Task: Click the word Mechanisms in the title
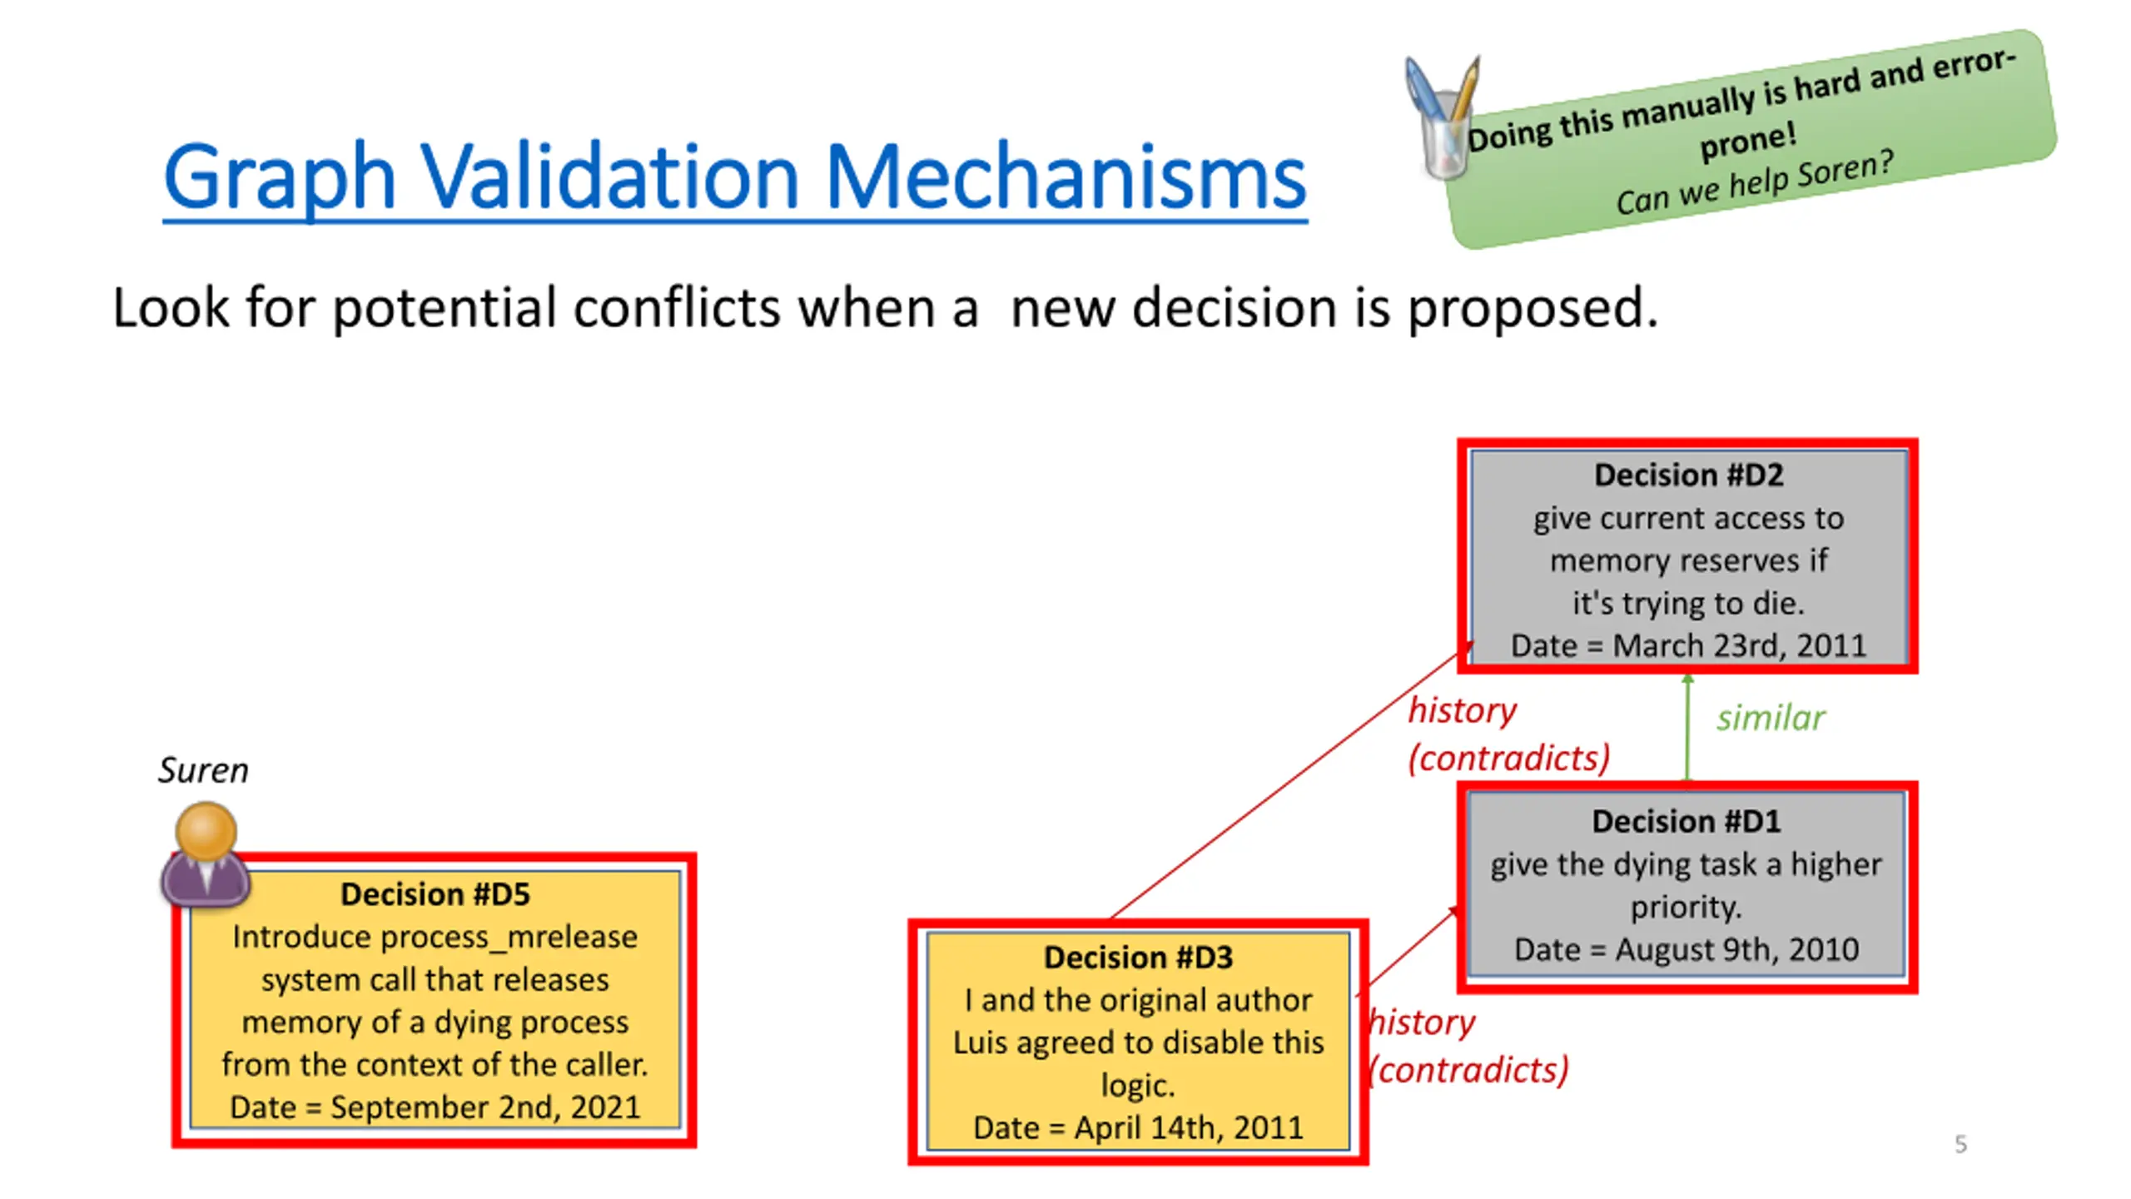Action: point(1065,177)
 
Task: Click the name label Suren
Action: point(203,770)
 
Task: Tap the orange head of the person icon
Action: point(206,830)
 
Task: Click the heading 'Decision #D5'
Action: point(435,894)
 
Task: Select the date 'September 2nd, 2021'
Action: point(485,1107)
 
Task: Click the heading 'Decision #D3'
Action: point(1138,958)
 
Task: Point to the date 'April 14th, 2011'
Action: point(1188,1127)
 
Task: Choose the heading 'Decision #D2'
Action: point(1688,475)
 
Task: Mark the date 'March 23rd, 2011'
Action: point(1739,645)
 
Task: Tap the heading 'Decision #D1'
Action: point(1686,821)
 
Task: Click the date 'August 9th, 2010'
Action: point(1736,949)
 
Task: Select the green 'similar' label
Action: point(1771,718)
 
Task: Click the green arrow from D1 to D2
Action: point(1687,729)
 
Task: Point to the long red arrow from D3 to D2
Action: point(1286,783)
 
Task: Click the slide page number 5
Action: point(1960,1144)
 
